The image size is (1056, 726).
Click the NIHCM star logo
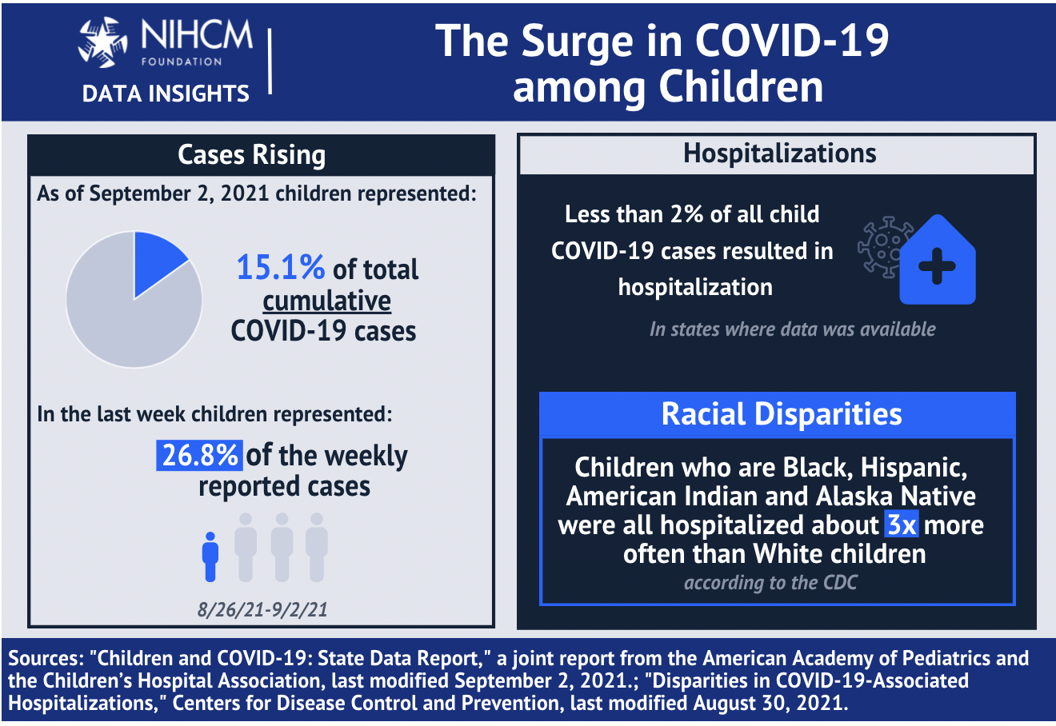coord(102,41)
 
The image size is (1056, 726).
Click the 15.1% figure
coord(280,268)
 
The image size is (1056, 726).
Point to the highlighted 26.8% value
coord(199,455)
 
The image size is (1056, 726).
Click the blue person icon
coord(210,556)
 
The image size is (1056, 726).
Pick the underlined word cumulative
coord(327,301)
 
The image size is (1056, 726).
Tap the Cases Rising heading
coord(252,155)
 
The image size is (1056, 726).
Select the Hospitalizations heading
coord(779,154)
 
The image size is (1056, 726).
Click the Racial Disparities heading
coord(782,414)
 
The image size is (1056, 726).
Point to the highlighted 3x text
coord(902,525)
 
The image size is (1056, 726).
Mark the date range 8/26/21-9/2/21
coord(262,610)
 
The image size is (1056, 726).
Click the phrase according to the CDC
coord(770,583)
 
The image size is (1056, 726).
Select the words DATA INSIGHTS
coord(166,94)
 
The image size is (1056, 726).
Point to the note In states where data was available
coord(792,329)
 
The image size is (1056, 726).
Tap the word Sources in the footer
coord(45,659)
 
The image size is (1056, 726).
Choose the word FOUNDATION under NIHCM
coord(182,62)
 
